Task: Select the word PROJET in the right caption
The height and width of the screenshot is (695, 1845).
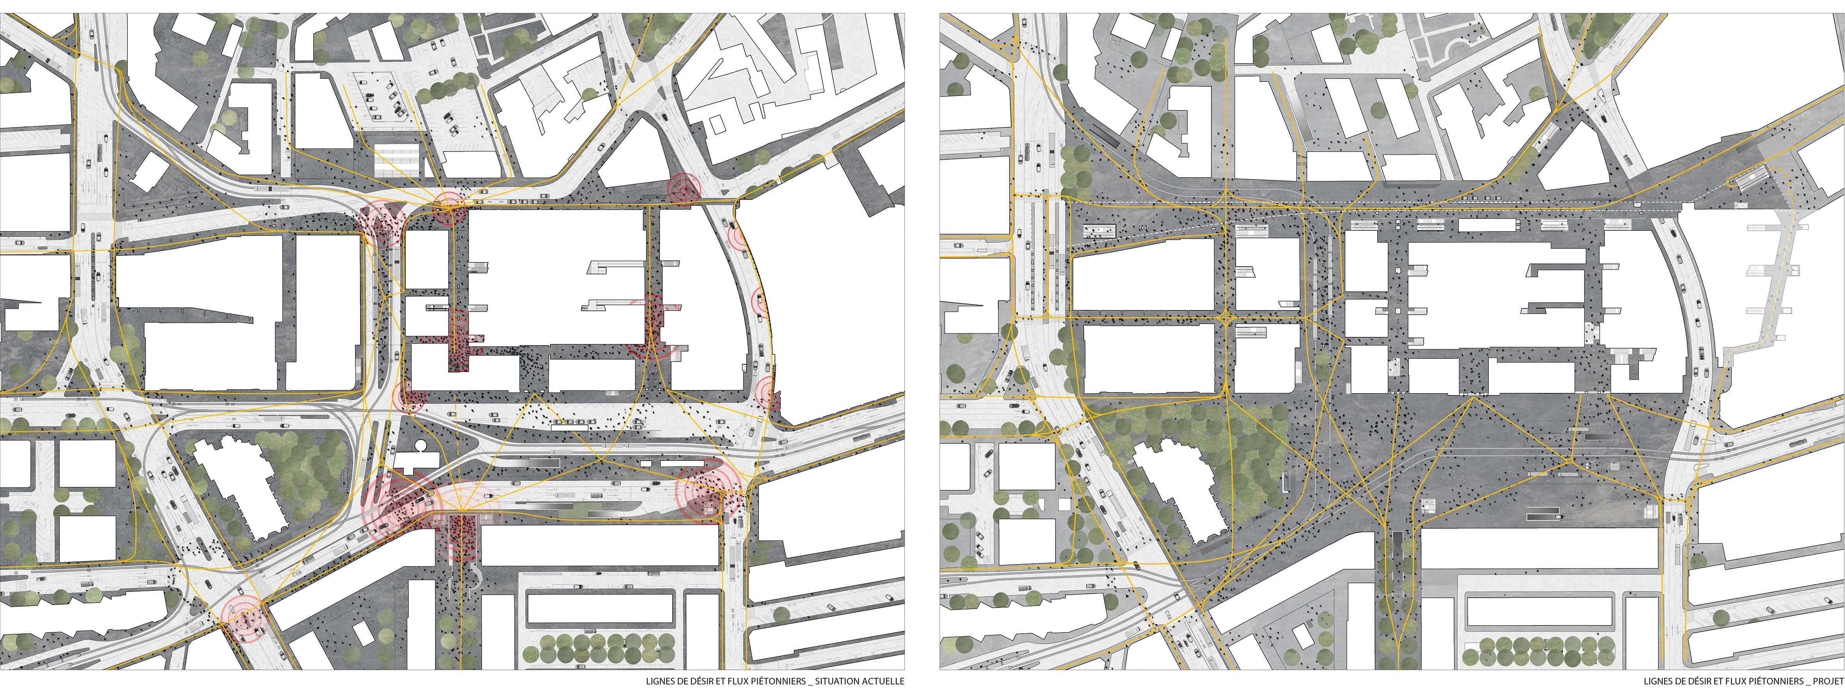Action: (x=1829, y=681)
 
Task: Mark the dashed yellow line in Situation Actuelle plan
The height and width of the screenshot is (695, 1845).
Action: (x=455, y=429)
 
